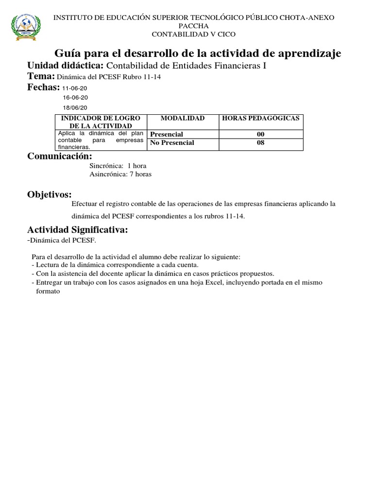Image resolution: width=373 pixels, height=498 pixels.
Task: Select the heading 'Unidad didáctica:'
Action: [66, 66]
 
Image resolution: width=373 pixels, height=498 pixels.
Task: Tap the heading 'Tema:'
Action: [41, 76]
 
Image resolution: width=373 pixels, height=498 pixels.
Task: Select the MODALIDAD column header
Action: [183, 119]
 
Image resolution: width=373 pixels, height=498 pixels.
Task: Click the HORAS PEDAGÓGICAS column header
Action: [261, 119]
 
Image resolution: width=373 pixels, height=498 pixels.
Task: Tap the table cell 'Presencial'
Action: [167, 134]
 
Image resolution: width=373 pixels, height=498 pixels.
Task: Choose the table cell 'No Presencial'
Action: [172, 142]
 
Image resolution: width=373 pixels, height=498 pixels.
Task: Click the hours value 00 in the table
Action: [261, 134]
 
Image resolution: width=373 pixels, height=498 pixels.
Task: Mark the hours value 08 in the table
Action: [261, 142]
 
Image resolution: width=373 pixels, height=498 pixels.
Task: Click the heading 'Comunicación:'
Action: [59, 156]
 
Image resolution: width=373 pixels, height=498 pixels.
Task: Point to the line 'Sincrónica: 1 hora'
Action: [118, 166]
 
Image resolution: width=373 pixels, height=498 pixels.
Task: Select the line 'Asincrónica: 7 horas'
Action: [120, 175]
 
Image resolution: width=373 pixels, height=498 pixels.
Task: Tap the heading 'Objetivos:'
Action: [50, 195]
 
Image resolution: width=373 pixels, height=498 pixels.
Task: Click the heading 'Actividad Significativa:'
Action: [78, 230]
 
